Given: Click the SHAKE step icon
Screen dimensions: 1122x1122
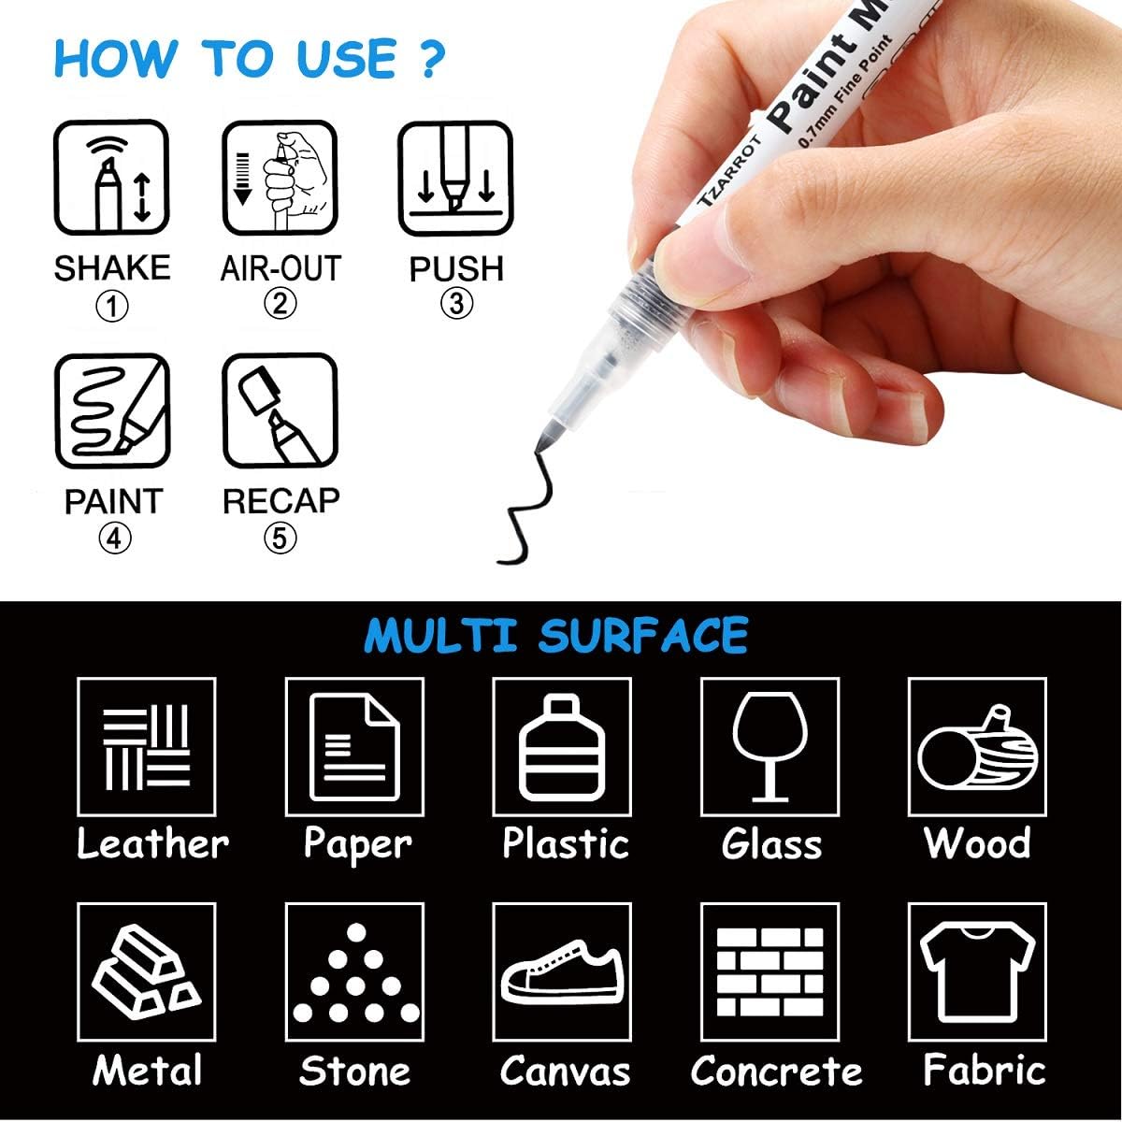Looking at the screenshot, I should click(x=111, y=178).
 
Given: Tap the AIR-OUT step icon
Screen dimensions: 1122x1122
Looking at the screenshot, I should click(x=280, y=178).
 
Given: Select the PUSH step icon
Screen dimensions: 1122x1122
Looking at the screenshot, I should click(x=455, y=178).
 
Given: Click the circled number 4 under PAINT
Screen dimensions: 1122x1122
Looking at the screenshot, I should click(x=112, y=539).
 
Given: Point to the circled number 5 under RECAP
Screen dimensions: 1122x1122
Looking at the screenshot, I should click(x=280, y=539).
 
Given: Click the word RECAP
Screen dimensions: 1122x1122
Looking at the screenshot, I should click(x=280, y=501).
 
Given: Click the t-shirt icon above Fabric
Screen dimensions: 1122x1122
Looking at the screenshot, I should click(x=977, y=972).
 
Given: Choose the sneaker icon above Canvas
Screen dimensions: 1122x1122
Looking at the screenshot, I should click(x=562, y=972).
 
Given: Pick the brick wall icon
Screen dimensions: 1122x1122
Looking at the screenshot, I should click(x=770, y=972).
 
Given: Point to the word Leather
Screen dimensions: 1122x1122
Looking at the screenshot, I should click(x=152, y=843).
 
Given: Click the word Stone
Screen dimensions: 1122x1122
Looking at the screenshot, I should click(x=354, y=1071).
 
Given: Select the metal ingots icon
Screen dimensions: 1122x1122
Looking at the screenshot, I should click(x=147, y=972).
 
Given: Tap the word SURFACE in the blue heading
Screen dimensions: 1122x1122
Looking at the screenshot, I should click(x=643, y=636).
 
